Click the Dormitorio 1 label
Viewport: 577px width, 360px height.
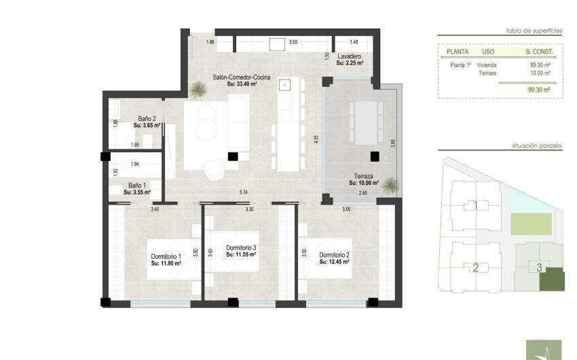point(166,256)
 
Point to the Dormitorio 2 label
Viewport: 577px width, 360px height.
point(334,255)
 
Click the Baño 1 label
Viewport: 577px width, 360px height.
point(137,185)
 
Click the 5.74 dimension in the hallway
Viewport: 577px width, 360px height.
point(243,193)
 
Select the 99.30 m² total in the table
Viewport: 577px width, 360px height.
point(540,89)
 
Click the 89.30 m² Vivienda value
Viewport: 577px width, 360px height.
point(540,65)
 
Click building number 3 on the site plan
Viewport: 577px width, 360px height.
point(539,267)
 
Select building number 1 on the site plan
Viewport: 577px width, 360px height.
point(476,205)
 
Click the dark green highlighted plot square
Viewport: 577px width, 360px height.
point(552,279)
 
